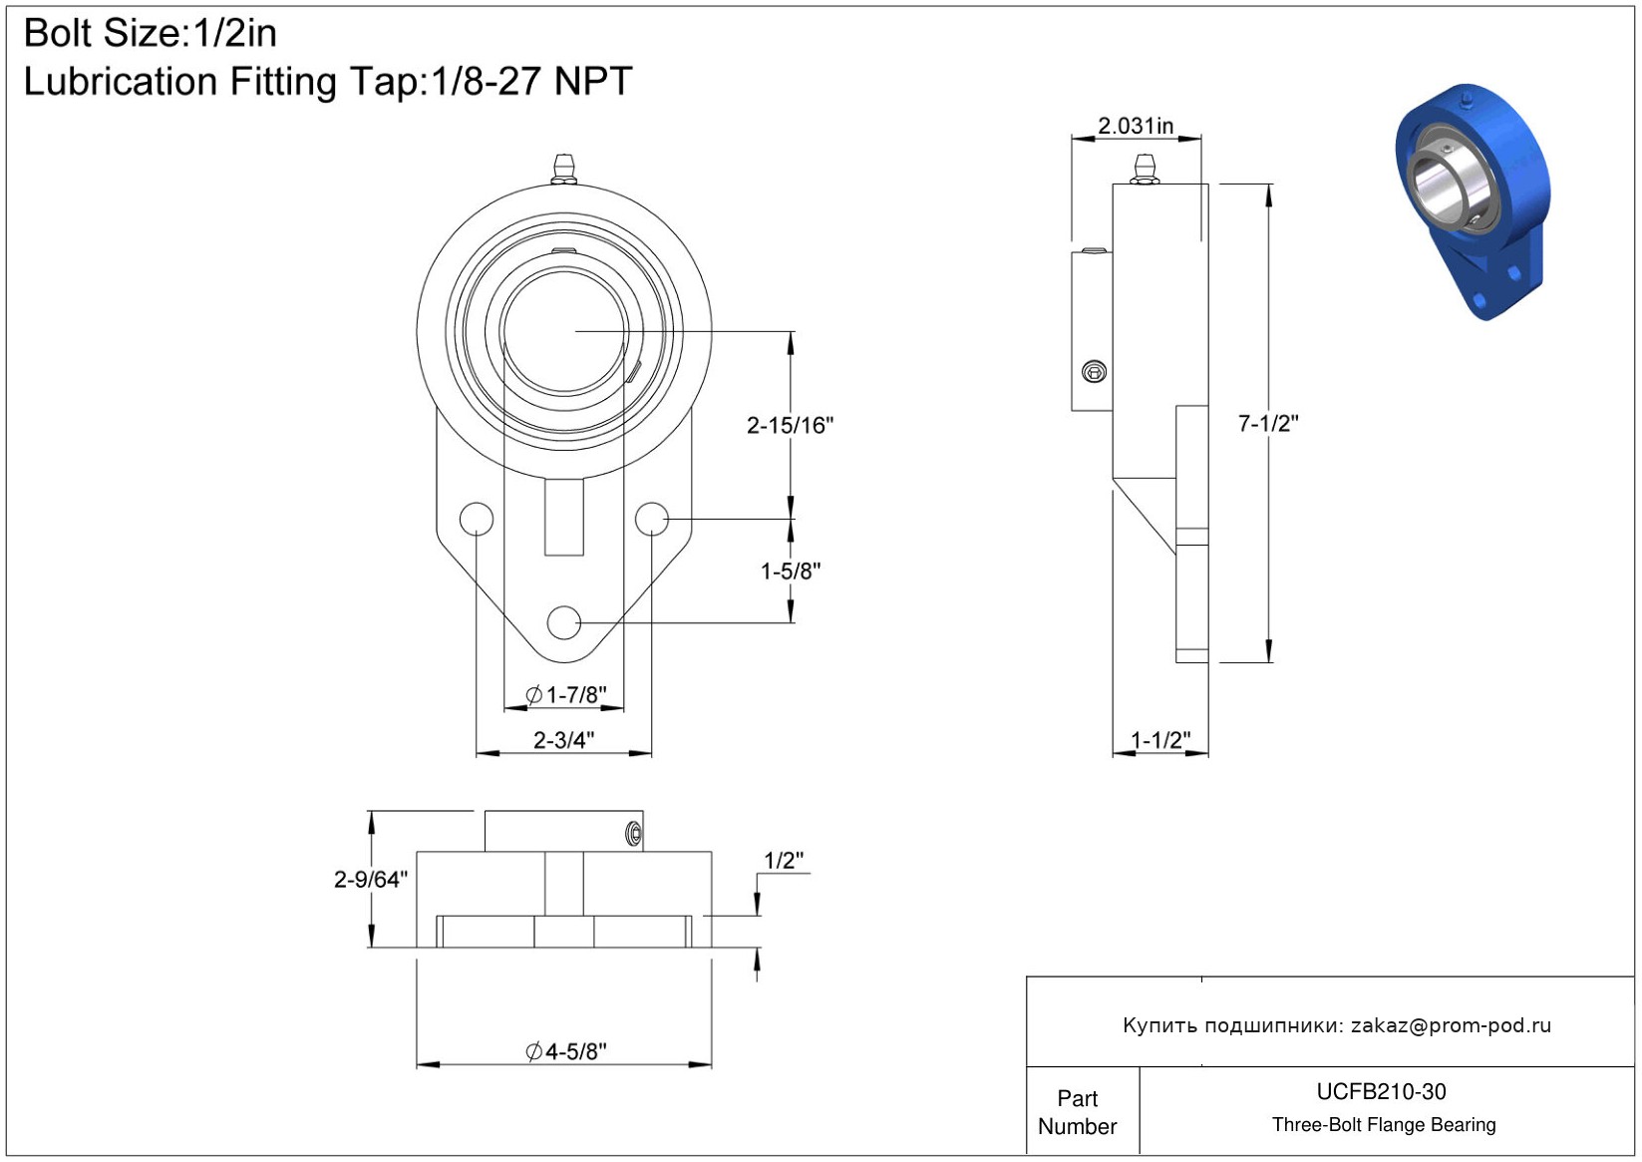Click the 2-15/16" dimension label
(x=790, y=426)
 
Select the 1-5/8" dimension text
(x=791, y=572)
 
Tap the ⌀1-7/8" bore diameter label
(x=565, y=694)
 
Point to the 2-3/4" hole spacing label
(x=563, y=740)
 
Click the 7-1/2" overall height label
(x=1268, y=424)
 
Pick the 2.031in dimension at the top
(x=1136, y=127)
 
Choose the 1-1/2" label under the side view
(x=1160, y=740)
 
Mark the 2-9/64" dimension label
(x=371, y=879)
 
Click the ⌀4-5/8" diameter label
(x=565, y=1051)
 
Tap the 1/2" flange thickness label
(x=784, y=861)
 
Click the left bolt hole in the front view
(x=477, y=519)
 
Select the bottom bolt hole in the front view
(x=564, y=622)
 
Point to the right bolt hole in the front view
(x=652, y=519)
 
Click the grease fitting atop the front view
(x=564, y=169)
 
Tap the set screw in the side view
(x=1094, y=372)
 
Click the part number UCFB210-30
(x=1381, y=1092)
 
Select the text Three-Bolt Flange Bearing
(x=1384, y=1125)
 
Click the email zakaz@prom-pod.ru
(x=1451, y=1025)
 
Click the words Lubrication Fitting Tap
(x=224, y=82)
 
